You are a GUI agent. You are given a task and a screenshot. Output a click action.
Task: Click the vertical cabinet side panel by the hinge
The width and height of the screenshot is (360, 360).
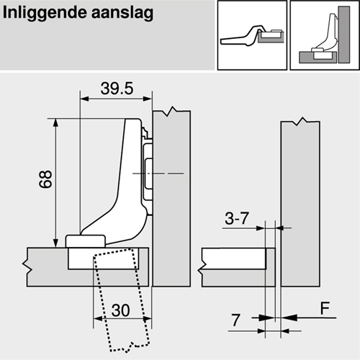click(173, 216)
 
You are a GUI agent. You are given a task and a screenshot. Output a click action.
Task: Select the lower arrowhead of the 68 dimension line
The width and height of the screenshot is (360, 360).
click(55, 242)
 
